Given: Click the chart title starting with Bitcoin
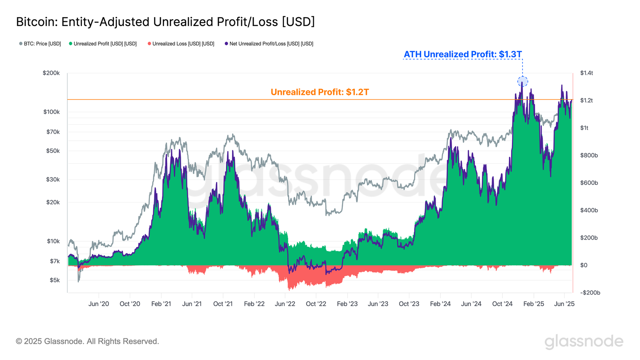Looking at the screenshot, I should click(165, 22).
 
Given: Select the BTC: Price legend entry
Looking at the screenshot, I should click(40, 44).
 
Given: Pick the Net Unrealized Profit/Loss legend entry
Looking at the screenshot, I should click(269, 44).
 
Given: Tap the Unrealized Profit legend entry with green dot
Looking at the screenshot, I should click(103, 44).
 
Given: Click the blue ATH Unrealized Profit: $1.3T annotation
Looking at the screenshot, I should click(462, 54).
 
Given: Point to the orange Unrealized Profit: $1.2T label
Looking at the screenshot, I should click(320, 92).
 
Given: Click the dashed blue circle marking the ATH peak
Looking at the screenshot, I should click(522, 82).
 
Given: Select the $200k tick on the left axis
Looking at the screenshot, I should click(51, 73).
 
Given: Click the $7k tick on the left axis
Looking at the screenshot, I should click(54, 261).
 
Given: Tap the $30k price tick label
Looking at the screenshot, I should click(53, 180).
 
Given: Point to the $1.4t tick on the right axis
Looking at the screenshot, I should click(586, 73).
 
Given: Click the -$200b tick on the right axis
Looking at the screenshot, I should click(590, 293).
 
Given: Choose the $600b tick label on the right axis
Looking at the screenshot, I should click(589, 183).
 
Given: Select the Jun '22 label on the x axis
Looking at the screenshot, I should click(285, 304).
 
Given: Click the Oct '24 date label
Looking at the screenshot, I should click(502, 304).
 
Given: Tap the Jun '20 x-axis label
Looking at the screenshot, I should click(98, 304).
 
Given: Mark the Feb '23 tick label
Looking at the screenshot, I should click(347, 304).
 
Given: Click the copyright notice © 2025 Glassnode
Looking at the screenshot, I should click(87, 341).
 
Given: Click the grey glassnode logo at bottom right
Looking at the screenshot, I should click(584, 341).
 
